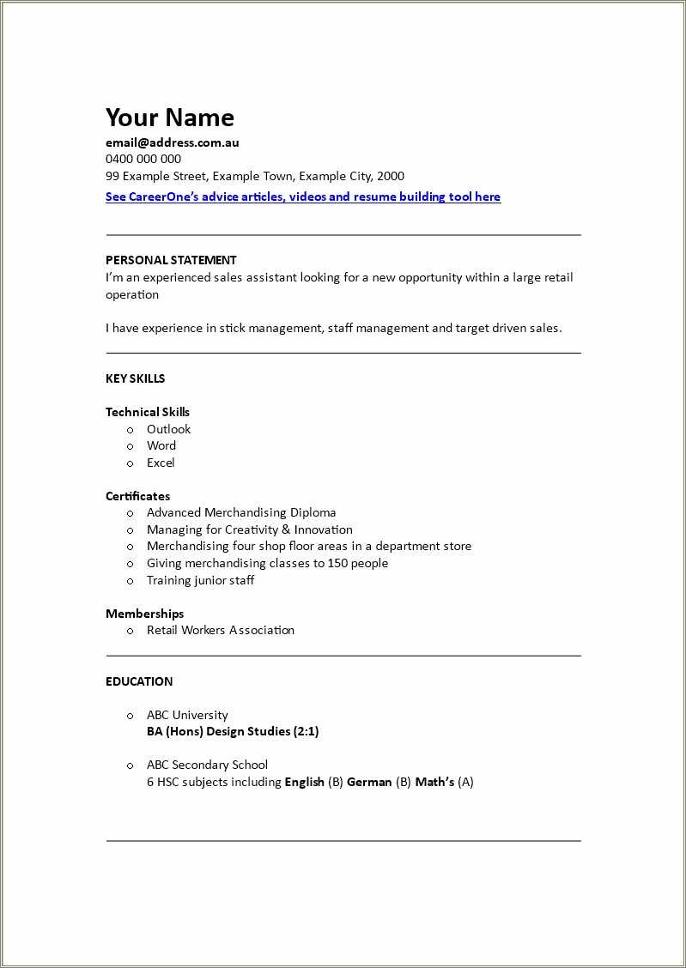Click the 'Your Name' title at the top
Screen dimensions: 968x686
[169, 118]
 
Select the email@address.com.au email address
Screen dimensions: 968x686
[172, 142]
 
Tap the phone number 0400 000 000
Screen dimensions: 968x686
[143, 159]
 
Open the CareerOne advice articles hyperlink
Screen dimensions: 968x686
[302, 197]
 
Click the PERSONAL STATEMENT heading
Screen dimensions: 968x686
[171, 260]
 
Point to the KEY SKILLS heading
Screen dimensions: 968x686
[135, 378]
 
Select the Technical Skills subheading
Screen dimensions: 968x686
[148, 412]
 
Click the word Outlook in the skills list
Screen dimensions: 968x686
[168, 429]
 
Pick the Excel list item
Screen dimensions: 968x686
[161, 463]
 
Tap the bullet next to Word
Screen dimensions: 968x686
[131, 446]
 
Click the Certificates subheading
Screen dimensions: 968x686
[137, 496]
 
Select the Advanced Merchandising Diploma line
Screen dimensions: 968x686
[241, 512]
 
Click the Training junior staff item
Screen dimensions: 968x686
[200, 580]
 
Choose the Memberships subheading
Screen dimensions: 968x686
[144, 614]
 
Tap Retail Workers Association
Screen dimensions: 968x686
[221, 630]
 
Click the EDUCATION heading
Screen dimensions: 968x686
[139, 681]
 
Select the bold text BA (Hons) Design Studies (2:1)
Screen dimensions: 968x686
[233, 731]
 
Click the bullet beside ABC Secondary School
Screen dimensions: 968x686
[131, 765]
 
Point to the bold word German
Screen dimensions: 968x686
[369, 782]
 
